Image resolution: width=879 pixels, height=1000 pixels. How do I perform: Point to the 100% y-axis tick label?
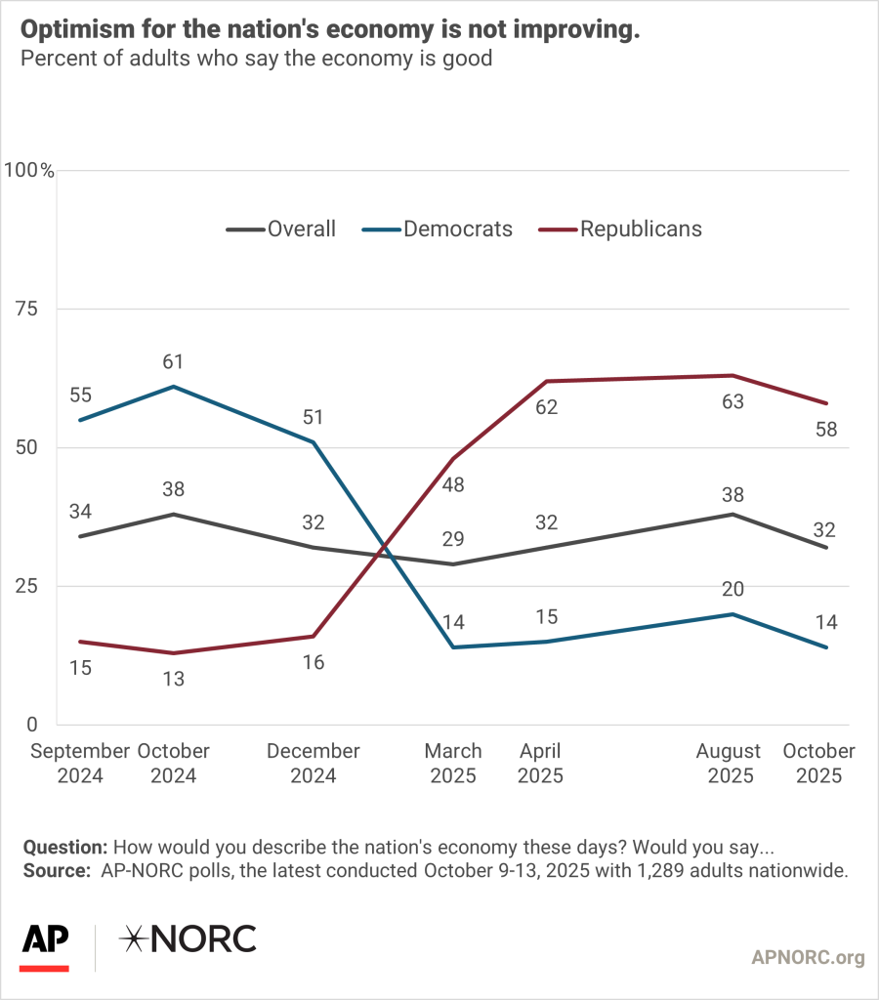click(29, 171)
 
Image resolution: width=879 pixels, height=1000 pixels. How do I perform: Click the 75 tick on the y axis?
click(38, 310)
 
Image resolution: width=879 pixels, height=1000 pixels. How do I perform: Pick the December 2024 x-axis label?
click(313, 764)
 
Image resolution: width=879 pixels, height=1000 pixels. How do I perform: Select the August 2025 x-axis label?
click(728, 764)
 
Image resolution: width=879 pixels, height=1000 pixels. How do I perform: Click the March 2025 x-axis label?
click(452, 764)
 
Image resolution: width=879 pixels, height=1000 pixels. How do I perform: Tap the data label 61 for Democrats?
click(174, 362)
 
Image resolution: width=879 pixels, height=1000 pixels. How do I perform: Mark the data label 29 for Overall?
click(452, 539)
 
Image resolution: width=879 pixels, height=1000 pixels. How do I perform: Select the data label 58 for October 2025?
click(826, 430)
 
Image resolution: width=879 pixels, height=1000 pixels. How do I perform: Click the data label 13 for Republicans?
click(174, 679)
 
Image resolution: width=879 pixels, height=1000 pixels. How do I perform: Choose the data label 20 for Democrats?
click(732, 589)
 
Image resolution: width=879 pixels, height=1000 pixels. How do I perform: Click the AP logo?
click(45, 942)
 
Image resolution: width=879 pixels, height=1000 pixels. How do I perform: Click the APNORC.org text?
click(808, 958)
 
